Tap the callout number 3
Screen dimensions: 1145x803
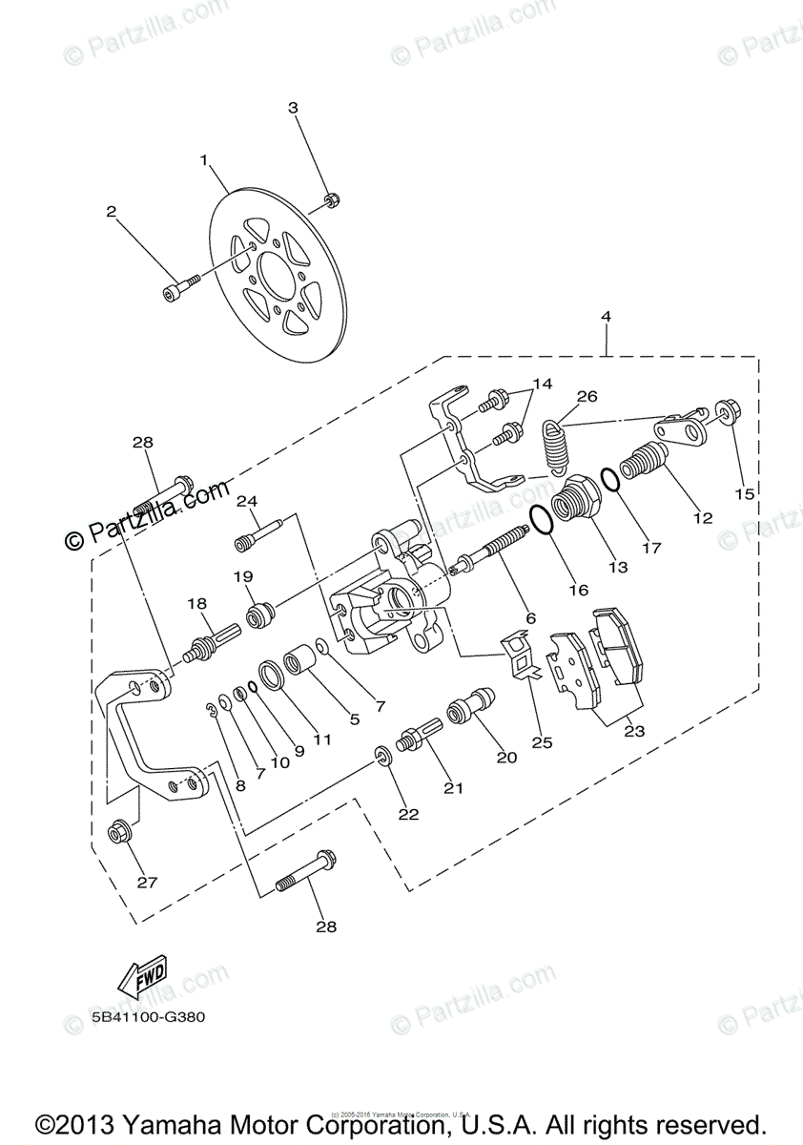(x=294, y=108)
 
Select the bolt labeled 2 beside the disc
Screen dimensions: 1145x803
(x=181, y=285)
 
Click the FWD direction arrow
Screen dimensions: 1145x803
(x=141, y=976)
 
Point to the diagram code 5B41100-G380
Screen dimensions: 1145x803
(x=149, y=1017)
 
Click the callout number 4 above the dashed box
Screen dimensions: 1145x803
(x=606, y=317)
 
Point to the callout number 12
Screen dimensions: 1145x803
(x=703, y=518)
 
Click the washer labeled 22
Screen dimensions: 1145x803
(x=383, y=756)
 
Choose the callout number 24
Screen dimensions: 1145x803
(x=248, y=501)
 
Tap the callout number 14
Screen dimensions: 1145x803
(x=542, y=384)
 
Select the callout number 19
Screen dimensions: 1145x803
(x=243, y=576)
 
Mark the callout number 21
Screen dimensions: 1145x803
(x=453, y=787)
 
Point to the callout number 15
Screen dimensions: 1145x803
(x=744, y=494)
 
